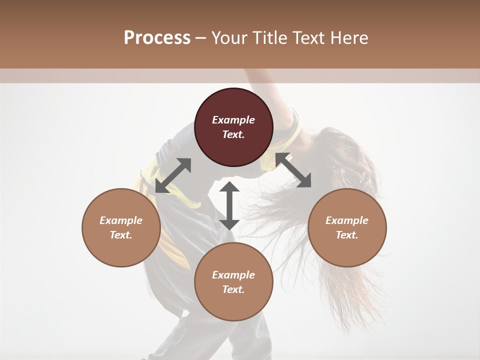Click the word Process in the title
(x=157, y=38)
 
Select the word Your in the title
(x=230, y=38)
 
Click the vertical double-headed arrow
(x=229, y=205)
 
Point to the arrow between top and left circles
(x=173, y=175)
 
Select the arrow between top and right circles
(x=293, y=170)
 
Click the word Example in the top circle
(x=233, y=120)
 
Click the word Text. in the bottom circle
(x=233, y=289)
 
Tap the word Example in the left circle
(x=121, y=220)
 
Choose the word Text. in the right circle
(x=347, y=235)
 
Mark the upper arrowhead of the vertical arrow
(x=229, y=188)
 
